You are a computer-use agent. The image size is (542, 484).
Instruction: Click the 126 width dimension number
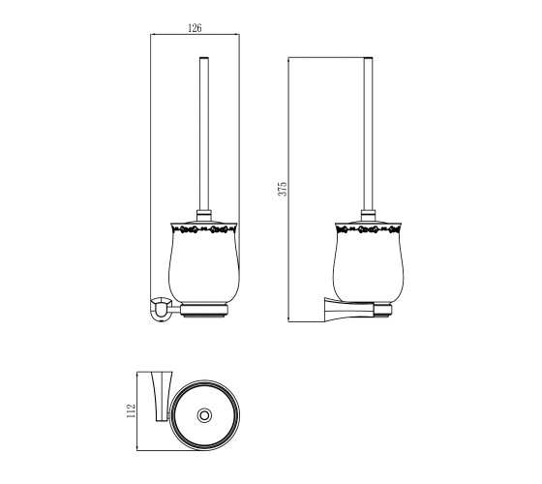(195, 28)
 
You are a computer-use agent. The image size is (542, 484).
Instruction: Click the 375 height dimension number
(283, 189)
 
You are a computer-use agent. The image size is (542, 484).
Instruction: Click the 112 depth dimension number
(131, 410)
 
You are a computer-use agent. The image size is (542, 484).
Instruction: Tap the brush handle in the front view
(204, 134)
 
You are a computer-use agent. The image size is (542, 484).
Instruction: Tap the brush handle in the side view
(368, 134)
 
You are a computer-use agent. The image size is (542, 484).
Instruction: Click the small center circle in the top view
(204, 415)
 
